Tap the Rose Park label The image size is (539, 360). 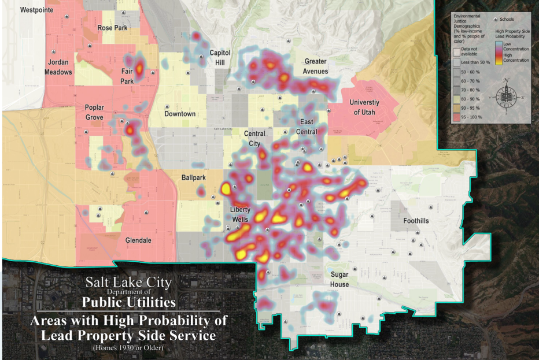coord(112,28)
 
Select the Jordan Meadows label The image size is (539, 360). coord(58,67)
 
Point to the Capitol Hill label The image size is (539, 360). coord(220,57)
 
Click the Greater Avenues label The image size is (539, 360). coord(315,66)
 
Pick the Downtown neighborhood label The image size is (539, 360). coord(180,114)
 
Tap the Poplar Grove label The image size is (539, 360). coord(94,112)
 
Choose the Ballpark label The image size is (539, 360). coord(193,177)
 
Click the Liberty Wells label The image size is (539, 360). coord(239,214)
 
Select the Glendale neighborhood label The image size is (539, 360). coord(138,240)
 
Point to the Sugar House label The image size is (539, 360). coord(339,280)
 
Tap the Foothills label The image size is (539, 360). coord(416,221)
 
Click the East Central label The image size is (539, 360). coord(307,127)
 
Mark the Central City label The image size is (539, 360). coord(254,138)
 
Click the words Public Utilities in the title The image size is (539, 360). coord(128,301)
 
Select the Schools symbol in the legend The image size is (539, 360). coord(495,19)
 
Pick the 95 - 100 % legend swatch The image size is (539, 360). coord(456,117)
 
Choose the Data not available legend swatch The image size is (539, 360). coord(456,51)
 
